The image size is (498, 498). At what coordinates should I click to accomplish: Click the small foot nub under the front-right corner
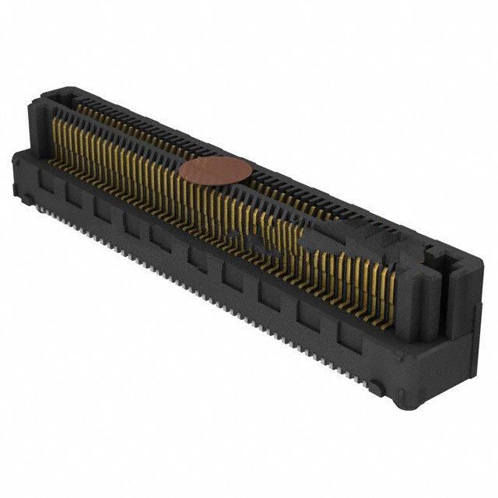pyautogui.click(x=376, y=387)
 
